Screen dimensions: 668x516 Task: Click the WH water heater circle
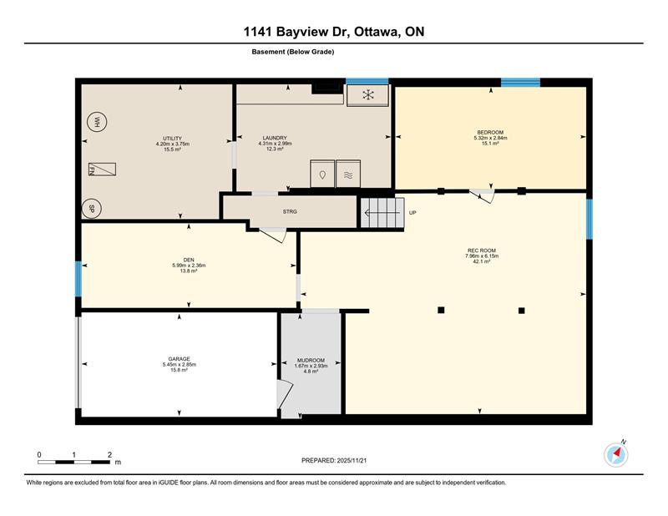coord(97,122)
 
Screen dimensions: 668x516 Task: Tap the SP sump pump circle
coord(91,209)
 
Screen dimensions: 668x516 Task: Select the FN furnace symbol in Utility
coord(102,169)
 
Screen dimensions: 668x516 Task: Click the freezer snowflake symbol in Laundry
coord(367,95)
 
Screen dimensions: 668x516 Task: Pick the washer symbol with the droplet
coord(322,174)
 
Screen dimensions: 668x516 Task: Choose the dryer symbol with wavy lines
coord(348,174)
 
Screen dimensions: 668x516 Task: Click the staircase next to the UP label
coord(382,213)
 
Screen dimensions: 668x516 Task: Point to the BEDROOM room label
coord(490,132)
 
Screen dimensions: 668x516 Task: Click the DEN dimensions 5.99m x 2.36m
coord(189,266)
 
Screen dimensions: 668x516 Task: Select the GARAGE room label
coord(179,359)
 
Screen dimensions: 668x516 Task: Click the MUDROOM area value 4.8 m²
coord(311,371)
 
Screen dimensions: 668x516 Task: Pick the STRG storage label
coord(290,211)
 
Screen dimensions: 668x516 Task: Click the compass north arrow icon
coord(616,455)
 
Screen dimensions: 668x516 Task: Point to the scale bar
coord(73,462)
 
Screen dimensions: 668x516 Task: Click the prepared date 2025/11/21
coord(352,461)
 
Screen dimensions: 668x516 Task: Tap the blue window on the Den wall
coord(78,279)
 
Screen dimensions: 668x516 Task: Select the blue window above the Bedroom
coord(520,82)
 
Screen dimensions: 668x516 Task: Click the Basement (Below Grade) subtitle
coord(293,52)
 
